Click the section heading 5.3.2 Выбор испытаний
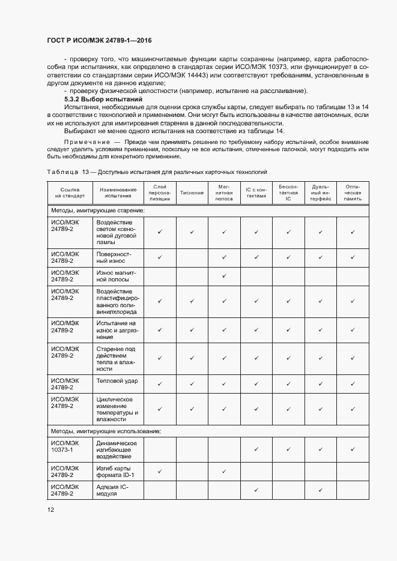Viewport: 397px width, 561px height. click(103, 98)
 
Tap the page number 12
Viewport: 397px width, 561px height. click(50, 509)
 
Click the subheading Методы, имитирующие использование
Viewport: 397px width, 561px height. click(105, 431)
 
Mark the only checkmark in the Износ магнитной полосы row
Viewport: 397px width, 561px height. click(224, 276)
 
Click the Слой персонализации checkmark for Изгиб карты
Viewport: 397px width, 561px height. click(160, 472)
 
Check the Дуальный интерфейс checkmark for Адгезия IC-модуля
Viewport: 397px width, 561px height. click(320, 490)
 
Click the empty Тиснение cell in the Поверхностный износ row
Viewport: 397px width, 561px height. click(192, 257)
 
